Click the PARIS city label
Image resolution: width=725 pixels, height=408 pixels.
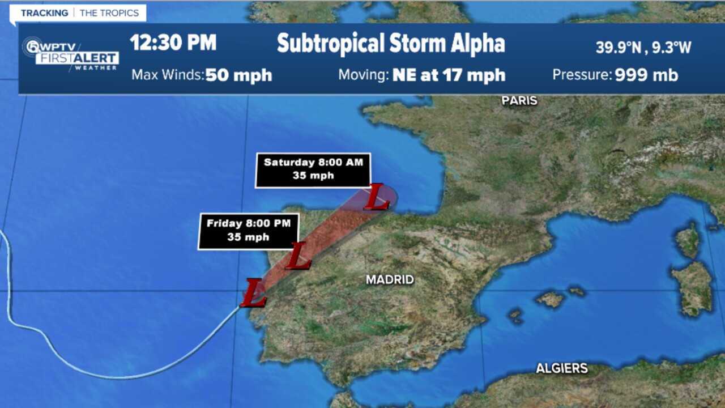519,101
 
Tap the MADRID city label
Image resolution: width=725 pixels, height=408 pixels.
390,279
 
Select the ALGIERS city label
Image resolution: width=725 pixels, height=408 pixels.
562,368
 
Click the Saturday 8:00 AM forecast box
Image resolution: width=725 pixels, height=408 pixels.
313,169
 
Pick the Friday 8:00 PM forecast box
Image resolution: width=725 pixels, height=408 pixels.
248,231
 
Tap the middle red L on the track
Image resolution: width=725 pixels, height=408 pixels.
298,256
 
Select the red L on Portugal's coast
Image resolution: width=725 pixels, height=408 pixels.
253,293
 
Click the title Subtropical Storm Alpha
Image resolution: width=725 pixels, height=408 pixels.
390,44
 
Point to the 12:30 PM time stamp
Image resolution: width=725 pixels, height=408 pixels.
173,43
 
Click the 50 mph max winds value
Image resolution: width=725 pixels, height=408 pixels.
238,75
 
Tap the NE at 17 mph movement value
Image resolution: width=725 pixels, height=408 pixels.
449,75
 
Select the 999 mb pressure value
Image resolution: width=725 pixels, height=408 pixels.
646,75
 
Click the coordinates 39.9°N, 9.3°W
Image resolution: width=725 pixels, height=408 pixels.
643,48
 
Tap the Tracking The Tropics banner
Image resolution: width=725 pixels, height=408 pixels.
79,13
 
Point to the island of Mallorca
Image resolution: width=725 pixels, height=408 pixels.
550,299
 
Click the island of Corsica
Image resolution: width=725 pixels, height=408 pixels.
688,239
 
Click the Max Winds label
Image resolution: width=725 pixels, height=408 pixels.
167,75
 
